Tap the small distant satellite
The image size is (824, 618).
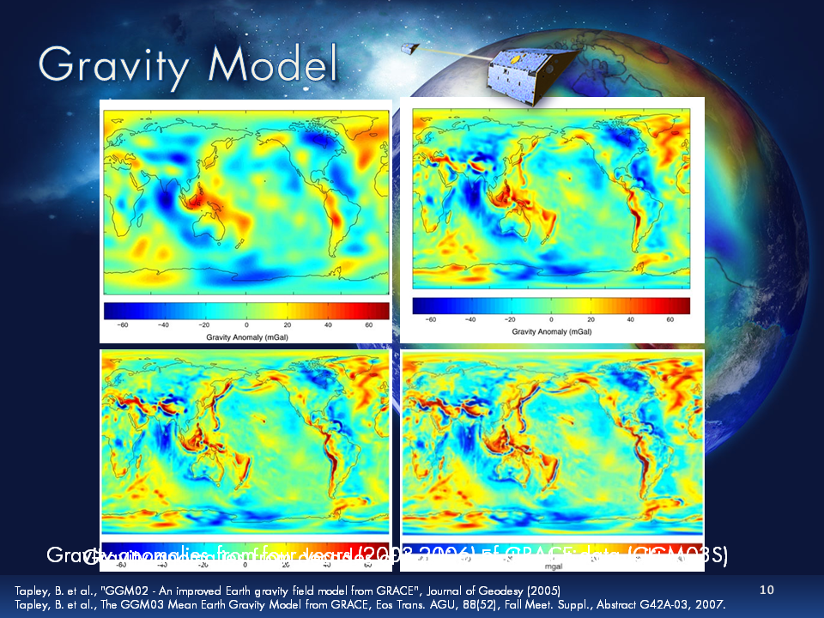click(412, 49)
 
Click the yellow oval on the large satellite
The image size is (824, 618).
click(513, 61)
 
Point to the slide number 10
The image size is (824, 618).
click(767, 590)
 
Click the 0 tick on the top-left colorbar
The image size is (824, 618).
click(246, 326)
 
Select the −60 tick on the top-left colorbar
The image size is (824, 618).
click(123, 326)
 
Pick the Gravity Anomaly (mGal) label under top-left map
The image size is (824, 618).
click(246, 337)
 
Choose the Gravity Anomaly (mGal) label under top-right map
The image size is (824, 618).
click(550, 330)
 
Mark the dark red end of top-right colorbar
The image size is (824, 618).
click(682, 306)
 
